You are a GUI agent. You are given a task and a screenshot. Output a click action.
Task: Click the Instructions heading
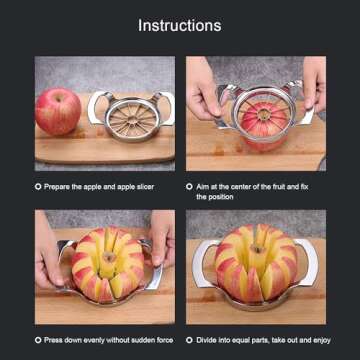coord(180,25)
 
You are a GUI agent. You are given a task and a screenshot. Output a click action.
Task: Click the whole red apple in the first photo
coord(57,111)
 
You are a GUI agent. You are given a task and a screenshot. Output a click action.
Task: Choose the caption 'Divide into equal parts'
coord(262,339)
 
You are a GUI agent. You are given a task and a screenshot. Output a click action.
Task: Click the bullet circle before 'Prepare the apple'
coord(38,186)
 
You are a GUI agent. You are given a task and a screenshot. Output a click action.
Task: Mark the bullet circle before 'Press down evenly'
coord(38,339)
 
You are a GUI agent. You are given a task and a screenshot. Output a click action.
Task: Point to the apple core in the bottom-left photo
coord(105,262)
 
